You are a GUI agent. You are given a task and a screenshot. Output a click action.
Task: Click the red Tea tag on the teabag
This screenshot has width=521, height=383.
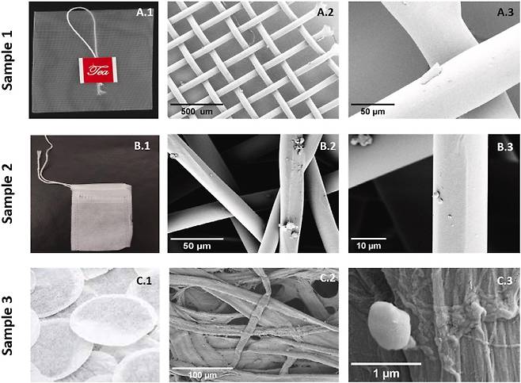point(98,71)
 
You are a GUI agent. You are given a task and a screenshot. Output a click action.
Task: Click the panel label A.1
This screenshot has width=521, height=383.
point(145,13)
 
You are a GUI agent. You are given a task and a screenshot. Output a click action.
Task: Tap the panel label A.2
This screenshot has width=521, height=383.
point(325,13)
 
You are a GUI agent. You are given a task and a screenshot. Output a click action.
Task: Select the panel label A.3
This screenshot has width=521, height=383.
point(505,13)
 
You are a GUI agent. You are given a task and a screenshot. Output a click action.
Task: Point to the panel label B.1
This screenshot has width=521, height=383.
point(143,147)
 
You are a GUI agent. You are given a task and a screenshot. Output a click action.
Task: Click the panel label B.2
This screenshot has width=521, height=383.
point(328,147)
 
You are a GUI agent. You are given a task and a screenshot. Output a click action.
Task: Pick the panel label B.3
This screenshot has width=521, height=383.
point(505,147)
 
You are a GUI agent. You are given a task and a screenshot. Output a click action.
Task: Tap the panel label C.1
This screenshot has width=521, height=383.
point(144,281)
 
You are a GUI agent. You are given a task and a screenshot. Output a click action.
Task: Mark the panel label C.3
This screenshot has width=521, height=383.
point(504,281)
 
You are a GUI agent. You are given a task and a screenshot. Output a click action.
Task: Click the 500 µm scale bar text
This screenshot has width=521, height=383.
point(196,112)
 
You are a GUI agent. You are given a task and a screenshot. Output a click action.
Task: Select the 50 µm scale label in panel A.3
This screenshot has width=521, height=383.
point(373,112)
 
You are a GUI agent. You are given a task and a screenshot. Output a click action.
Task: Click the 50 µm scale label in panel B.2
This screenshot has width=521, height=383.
point(197,247)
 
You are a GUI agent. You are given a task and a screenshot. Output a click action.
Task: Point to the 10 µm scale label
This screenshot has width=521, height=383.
point(369,247)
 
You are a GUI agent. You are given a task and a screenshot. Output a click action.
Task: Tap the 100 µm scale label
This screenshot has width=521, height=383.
point(203,375)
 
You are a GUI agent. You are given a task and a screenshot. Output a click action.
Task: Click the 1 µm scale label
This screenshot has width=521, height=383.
point(386,373)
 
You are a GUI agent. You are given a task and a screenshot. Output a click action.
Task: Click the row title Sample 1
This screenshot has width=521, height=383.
point(7,60)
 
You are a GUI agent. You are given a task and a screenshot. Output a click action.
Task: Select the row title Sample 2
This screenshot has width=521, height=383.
point(7,193)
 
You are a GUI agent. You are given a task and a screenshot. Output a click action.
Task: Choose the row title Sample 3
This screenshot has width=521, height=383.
point(7,325)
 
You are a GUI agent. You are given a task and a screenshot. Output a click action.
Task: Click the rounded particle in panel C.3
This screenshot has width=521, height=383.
point(390,325)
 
